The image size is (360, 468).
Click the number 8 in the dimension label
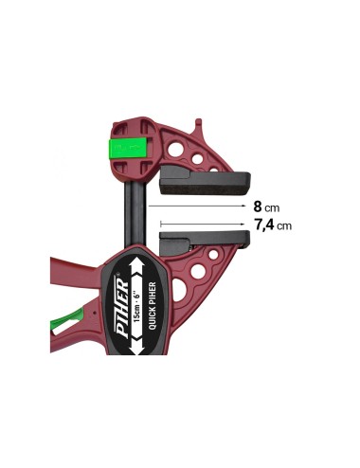pyautogui.click(x=258, y=205)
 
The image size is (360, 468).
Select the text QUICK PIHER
pyautogui.click(x=153, y=303)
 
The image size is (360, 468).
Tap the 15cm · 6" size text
pyautogui.click(x=137, y=302)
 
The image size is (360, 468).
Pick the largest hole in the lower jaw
pyautogui.click(x=198, y=272)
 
